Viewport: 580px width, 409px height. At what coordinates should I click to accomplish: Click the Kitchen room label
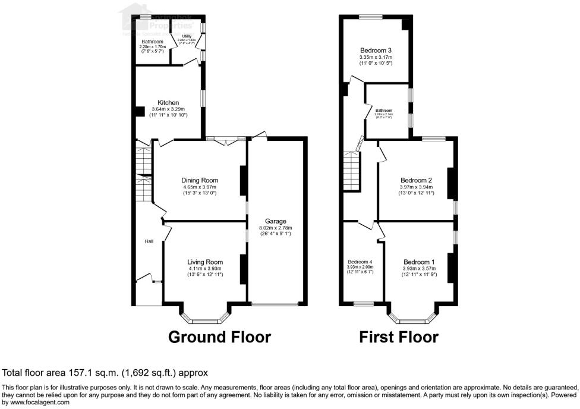168,103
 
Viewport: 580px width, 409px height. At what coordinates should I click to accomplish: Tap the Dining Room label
200,180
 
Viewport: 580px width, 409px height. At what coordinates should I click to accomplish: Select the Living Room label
205,262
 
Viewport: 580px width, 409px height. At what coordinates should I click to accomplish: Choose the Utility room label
187,36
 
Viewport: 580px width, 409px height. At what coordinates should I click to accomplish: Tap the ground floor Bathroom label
152,42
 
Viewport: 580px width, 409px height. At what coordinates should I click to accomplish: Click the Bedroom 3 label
376,50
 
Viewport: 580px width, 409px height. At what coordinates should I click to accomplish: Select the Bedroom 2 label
416,180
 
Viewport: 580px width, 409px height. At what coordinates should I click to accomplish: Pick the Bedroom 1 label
419,262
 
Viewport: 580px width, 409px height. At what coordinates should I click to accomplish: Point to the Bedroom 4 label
360,262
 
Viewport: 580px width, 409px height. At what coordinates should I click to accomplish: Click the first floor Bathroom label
384,110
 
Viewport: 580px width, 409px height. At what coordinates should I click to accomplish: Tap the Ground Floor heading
220,337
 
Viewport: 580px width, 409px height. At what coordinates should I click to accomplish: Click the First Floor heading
399,337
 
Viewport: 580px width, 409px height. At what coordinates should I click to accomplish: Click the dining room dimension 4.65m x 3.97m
200,188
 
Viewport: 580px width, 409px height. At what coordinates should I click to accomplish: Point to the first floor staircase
352,169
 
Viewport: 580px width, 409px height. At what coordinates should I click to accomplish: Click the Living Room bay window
205,316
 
